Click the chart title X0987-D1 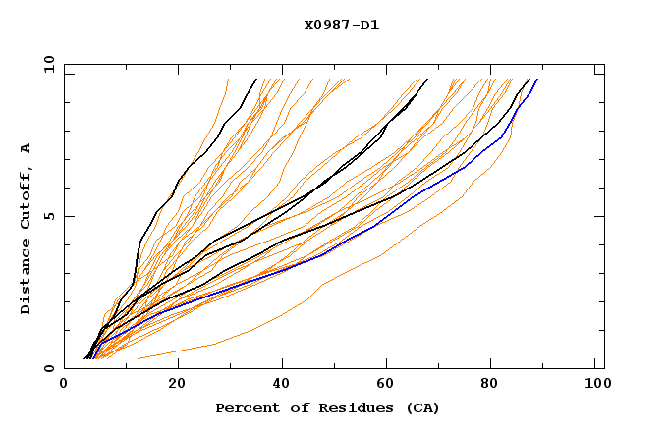coord(341,25)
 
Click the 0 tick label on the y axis coord(49,368)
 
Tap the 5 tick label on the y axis coord(49,216)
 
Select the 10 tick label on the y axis coord(47,64)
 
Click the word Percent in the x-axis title coord(243,407)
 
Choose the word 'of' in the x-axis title coord(292,407)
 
